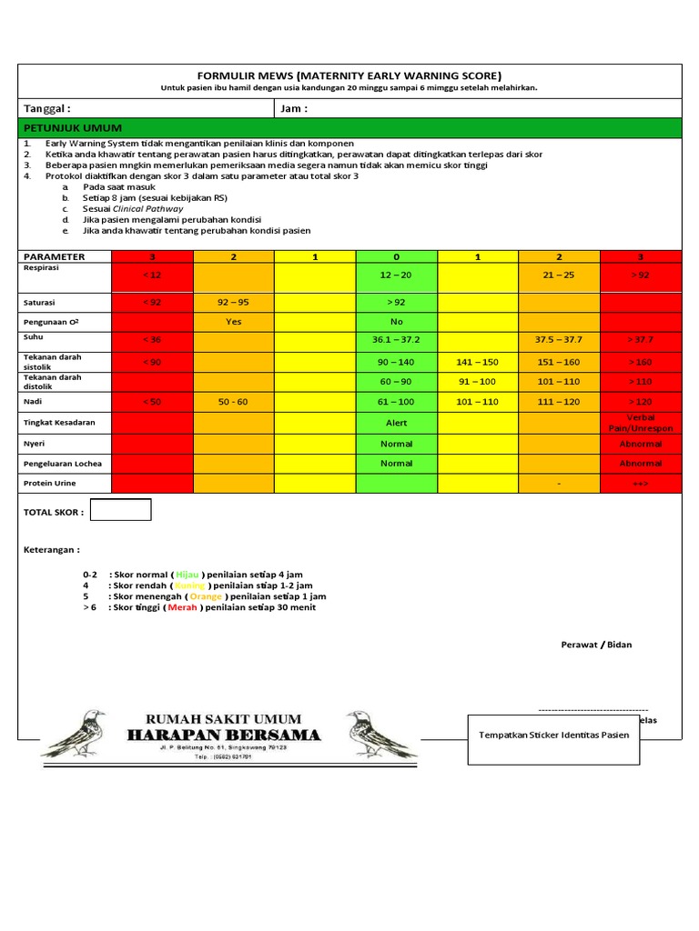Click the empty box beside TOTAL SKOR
122,510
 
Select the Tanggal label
46,108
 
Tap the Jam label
294,108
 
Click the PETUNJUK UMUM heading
73,128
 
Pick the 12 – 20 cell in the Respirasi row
396,275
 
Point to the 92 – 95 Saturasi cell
233,301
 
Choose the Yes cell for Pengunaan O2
233,322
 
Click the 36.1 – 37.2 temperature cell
396,340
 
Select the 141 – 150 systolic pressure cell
478,362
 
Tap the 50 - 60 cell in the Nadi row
233,401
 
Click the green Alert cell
396,423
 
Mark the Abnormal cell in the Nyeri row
641,444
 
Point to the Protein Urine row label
51,483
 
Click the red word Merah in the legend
182,607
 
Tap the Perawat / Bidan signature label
596,645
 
